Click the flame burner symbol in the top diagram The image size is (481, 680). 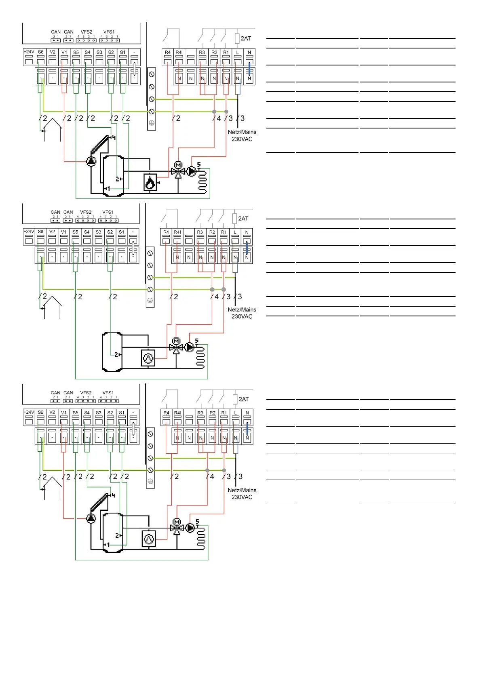pyautogui.click(x=150, y=182)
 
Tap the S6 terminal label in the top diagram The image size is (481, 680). pyautogui.click(x=40, y=52)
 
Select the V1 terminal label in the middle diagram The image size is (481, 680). pyautogui.click(x=63, y=232)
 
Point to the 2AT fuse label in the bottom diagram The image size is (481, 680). pyautogui.click(x=244, y=399)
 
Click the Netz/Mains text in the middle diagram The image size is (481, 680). pyautogui.click(x=242, y=309)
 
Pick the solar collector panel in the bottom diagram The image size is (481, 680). pyautogui.click(x=100, y=505)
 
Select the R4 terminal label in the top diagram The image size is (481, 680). pyautogui.click(x=168, y=53)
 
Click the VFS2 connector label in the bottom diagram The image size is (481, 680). pyautogui.click(x=86, y=393)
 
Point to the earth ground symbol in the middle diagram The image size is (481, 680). pyautogui.click(x=150, y=300)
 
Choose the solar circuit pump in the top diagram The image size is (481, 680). pyautogui.click(x=91, y=162)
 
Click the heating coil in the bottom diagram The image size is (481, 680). pyautogui.click(x=201, y=538)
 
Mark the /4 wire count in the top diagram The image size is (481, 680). pyautogui.click(x=217, y=118)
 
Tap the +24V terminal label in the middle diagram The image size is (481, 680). pyautogui.click(x=29, y=232)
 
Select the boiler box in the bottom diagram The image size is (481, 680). pyautogui.click(x=149, y=539)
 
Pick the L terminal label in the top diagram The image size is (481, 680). pyautogui.click(x=238, y=53)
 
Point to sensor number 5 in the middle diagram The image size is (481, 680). pyautogui.click(x=197, y=341)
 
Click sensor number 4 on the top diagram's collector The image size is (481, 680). pyautogui.click(x=114, y=138)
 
